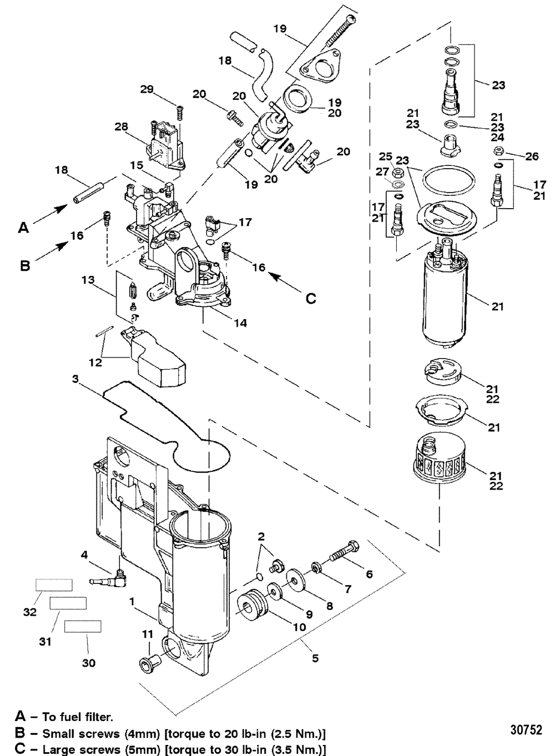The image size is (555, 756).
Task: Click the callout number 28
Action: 121,127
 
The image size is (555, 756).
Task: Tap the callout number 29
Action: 147,89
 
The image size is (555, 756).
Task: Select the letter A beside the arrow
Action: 23,228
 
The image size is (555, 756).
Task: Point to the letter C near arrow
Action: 310,299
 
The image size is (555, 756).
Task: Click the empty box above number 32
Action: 54,585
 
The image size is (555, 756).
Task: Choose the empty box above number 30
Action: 83,626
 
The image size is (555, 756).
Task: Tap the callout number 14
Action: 240,323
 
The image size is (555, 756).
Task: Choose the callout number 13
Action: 88,280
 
